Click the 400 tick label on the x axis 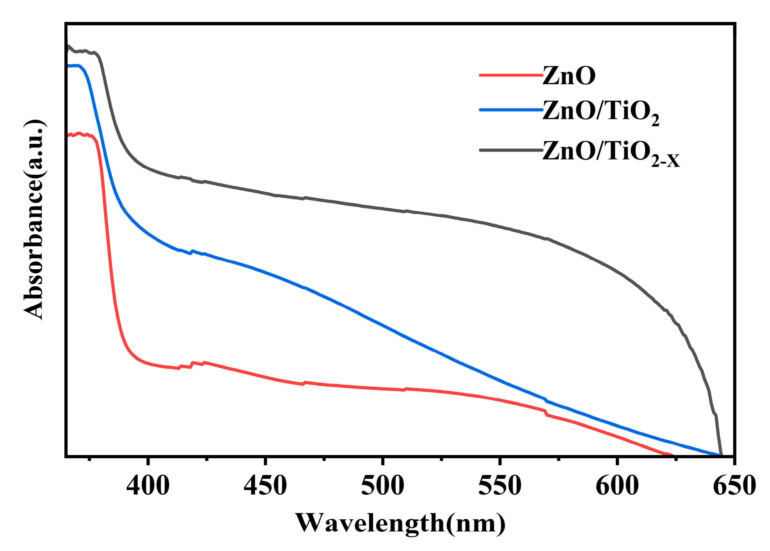(x=148, y=486)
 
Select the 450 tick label (x=265, y=486)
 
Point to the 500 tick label (x=383, y=486)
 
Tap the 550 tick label (x=500, y=486)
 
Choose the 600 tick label (x=617, y=486)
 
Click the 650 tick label (x=734, y=486)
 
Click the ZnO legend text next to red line (x=569, y=75)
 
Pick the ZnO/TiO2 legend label (x=601, y=112)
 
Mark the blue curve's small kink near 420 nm (x=192, y=251)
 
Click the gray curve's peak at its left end (x=69, y=46)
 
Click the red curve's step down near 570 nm (x=546, y=413)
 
